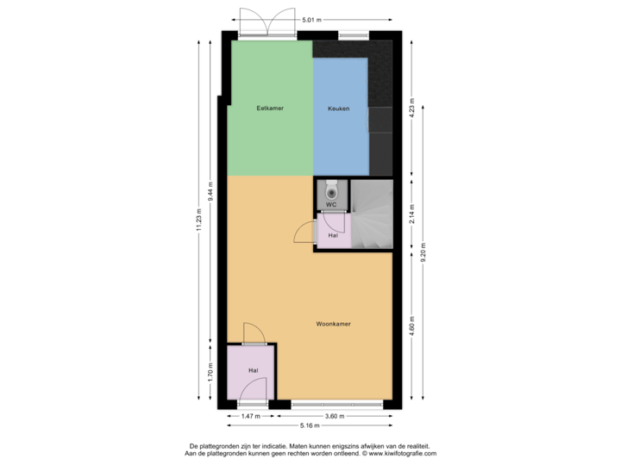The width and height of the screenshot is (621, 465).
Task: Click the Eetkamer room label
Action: (270, 108)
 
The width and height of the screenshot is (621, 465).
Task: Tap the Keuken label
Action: (339, 108)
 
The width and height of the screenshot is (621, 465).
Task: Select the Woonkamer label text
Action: (333, 325)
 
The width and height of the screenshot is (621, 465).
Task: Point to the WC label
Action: (331, 205)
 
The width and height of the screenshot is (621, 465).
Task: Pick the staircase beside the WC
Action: (371, 214)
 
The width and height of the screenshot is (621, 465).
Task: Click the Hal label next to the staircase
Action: (333, 234)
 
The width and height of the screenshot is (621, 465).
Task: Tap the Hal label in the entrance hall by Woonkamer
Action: (254, 370)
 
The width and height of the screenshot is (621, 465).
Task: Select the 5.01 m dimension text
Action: (312, 19)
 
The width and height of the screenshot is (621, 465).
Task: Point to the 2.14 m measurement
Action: (412, 214)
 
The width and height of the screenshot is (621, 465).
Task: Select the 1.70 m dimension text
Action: (210, 372)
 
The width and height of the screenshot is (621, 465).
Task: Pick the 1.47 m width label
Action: (250, 416)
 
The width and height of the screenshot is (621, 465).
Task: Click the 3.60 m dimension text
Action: (334, 416)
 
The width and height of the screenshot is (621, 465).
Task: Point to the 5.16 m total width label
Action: (310, 425)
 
